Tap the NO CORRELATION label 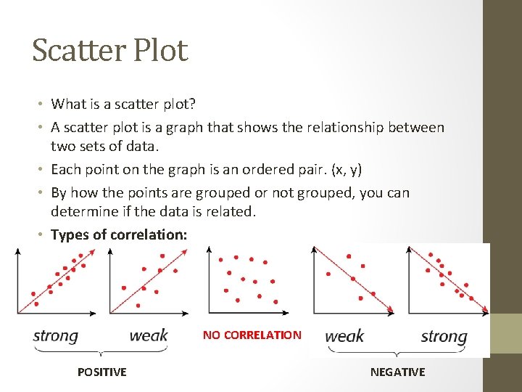pyautogui.click(x=252, y=335)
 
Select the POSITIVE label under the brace pyautogui.click(x=101, y=372)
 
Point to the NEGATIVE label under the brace pyautogui.click(x=397, y=372)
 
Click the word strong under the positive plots pyautogui.click(x=55, y=335)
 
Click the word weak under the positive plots pyautogui.click(x=148, y=335)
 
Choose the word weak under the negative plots pyautogui.click(x=344, y=336)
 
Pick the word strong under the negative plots pyautogui.click(x=444, y=336)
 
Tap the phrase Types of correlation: pyautogui.click(x=119, y=234)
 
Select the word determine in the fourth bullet pyautogui.click(x=83, y=212)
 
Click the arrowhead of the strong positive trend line pyautogui.click(x=94, y=250)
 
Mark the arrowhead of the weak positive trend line pyautogui.click(x=186, y=251)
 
